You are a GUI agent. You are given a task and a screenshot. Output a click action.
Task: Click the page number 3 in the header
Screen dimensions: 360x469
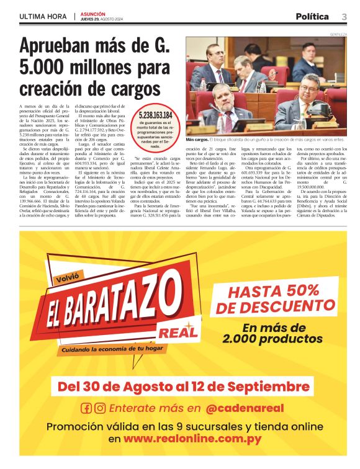click(x=344, y=16)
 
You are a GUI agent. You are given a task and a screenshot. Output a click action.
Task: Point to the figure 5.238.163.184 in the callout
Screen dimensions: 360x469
click(x=156, y=115)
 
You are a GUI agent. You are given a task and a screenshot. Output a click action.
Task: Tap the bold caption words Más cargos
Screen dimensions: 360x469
click(x=198, y=140)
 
